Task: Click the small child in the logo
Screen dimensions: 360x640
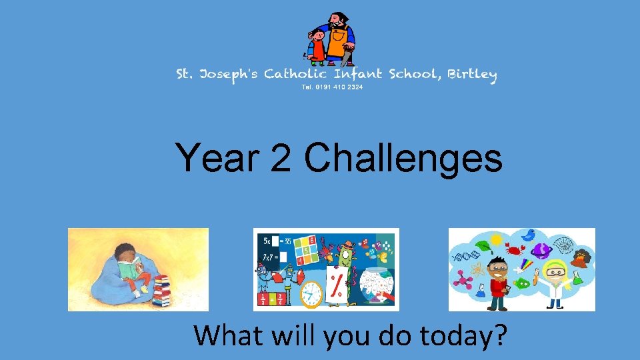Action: pyautogui.click(x=317, y=45)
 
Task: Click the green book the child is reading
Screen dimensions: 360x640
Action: pyautogui.click(x=127, y=269)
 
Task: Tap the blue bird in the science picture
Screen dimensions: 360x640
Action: pyautogui.click(x=530, y=235)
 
